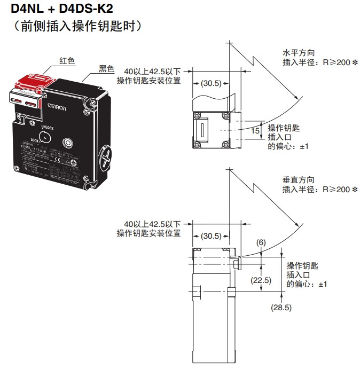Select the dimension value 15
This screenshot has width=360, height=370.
point(255,130)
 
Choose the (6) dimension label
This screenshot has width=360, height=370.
point(261,242)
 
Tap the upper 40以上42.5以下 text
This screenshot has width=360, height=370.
point(152,71)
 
